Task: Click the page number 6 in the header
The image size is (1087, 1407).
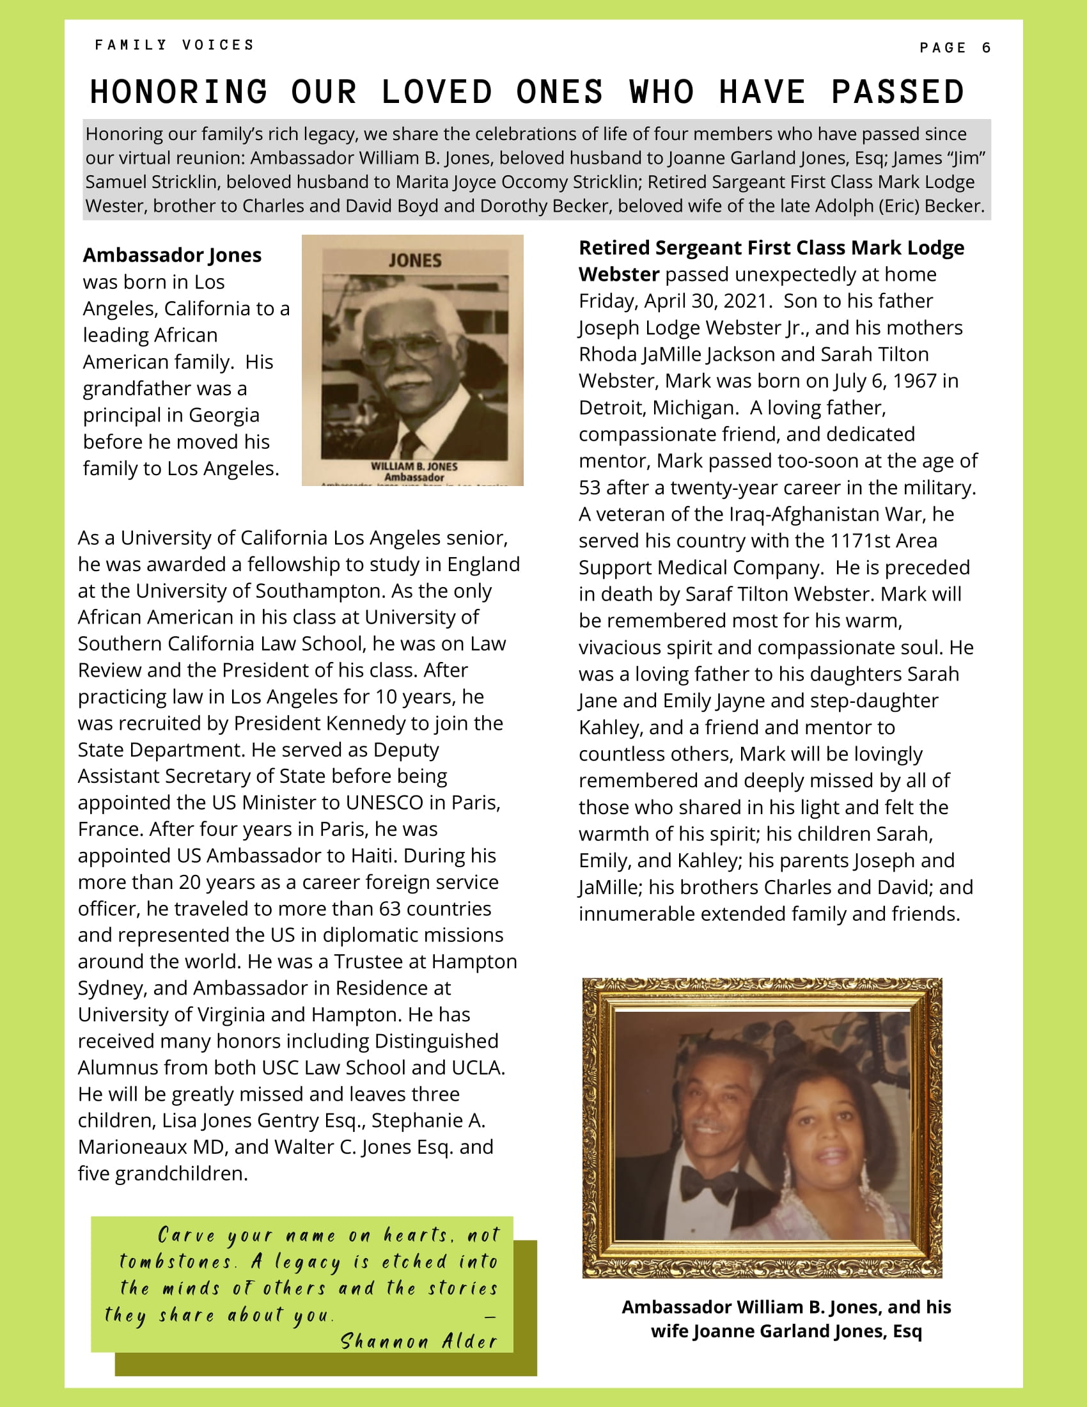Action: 986,48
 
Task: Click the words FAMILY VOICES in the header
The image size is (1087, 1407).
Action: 175,45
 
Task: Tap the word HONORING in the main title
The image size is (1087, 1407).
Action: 178,91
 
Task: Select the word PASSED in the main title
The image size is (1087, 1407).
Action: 898,91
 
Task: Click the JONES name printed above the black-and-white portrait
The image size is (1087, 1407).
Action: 415,260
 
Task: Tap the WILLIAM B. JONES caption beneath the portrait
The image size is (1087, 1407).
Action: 414,466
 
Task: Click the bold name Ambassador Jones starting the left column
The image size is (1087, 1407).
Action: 172,255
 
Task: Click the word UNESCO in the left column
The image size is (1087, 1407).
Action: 385,802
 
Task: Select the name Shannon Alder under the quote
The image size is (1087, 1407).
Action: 419,1341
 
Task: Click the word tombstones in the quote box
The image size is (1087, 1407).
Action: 176,1261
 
